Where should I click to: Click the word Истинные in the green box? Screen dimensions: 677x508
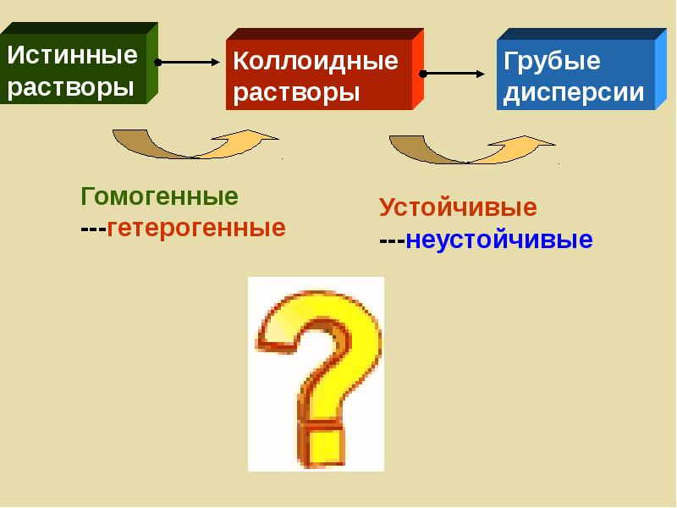(73, 56)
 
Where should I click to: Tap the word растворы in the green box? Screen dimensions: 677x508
(71, 87)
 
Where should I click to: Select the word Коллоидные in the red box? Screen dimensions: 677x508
(315, 61)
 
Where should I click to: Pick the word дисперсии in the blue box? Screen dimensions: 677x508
(574, 92)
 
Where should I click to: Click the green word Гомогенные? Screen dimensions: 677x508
(160, 196)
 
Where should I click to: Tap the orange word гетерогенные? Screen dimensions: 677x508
(195, 228)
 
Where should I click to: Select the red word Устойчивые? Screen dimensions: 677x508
(458, 207)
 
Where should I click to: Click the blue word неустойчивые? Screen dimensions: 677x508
(499, 240)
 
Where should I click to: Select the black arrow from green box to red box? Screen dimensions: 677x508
(190, 62)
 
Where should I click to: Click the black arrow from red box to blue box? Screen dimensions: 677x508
(459, 74)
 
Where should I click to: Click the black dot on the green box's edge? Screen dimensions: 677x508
(157, 62)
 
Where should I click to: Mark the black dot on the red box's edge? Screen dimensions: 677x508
(422, 74)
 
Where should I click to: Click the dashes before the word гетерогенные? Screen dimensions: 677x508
(93, 229)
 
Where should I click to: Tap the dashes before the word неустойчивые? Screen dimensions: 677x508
(392, 240)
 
